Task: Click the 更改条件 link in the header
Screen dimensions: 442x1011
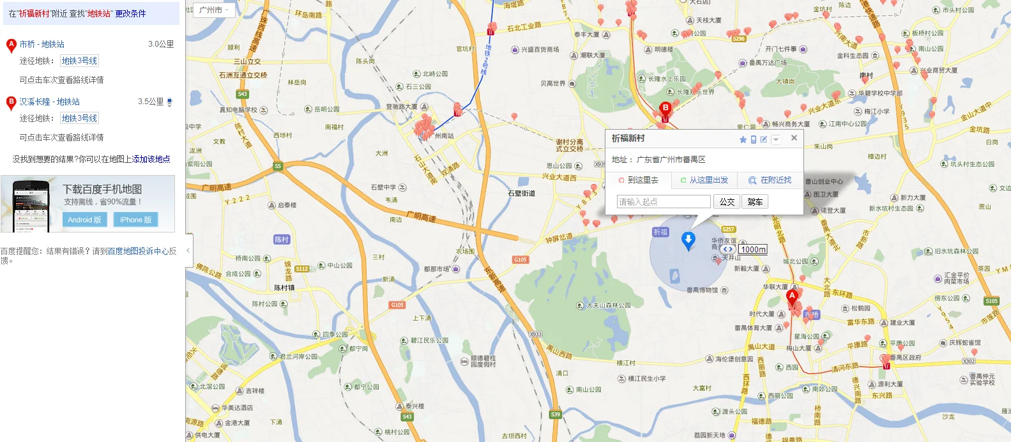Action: [x=130, y=13]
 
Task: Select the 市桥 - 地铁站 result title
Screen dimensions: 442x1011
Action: [x=42, y=44]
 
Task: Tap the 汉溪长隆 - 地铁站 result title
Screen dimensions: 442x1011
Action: [x=49, y=102]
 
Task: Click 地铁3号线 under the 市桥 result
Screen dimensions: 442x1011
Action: [x=80, y=61]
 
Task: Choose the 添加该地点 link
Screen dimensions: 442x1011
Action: [x=151, y=159]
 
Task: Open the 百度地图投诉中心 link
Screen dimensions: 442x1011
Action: [x=138, y=251]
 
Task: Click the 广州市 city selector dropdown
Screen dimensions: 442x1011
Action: [x=213, y=10]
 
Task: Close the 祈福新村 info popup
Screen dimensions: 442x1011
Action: [x=794, y=138]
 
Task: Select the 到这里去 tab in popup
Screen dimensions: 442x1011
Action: [x=639, y=180]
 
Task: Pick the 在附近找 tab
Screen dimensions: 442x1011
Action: [x=770, y=180]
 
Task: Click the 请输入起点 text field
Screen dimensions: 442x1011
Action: [x=664, y=202]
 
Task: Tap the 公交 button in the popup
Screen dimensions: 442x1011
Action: [x=727, y=202]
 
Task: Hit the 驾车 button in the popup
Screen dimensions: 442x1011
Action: [x=755, y=202]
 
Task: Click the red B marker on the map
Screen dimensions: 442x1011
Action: [x=665, y=109]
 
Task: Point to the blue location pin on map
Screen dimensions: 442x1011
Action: [x=688, y=241]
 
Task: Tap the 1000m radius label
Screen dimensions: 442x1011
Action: [x=754, y=249]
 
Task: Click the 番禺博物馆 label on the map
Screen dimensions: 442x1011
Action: [x=703, y=290]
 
